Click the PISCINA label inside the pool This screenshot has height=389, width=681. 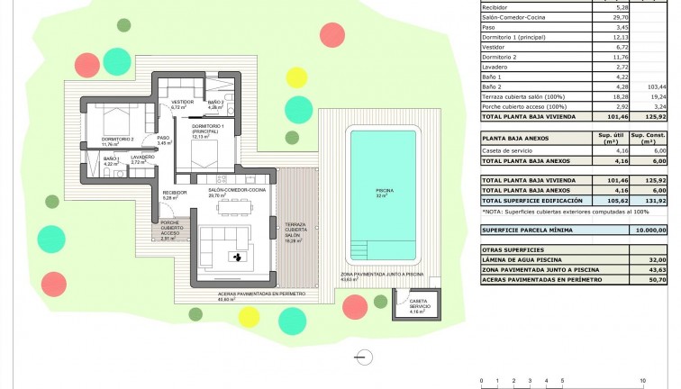tap(384, 192)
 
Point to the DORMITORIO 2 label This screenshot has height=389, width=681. tap(117, 140)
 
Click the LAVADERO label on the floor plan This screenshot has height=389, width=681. tap(142, 158)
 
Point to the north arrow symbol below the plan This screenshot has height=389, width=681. tap(364, 357)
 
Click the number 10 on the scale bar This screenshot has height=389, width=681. tap(641, 381)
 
